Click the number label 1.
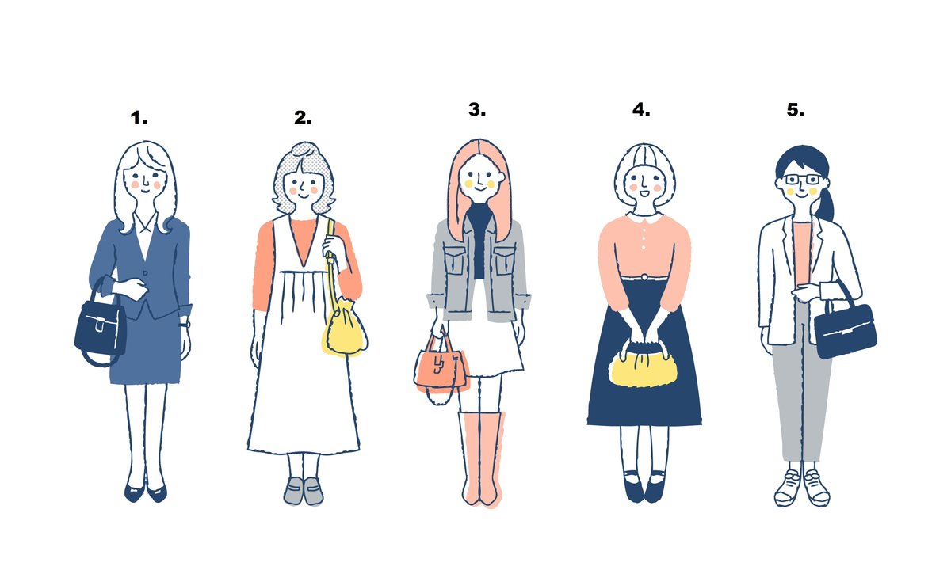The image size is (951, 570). [x=139, y=118]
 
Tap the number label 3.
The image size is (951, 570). [x=477, y=109]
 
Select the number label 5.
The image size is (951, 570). [x=795, y=110]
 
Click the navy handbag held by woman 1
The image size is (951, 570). [x=101, y=326]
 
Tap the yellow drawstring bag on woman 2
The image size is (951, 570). [x=344, y=326]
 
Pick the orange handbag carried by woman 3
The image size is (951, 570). [x=441, y=367]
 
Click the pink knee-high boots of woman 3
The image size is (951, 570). [x=482, y=459]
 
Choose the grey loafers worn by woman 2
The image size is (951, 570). [x=304, y=491]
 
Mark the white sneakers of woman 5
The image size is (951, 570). [x=802, y=488]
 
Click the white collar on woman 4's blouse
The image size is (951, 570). [x=644, y=218]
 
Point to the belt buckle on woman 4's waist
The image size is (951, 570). [x=644, y=277]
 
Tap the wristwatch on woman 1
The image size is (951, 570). [x=185, y=325]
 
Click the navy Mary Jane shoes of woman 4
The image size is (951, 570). [x=644, y=487]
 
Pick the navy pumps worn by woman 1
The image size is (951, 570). [x=146, y=492]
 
